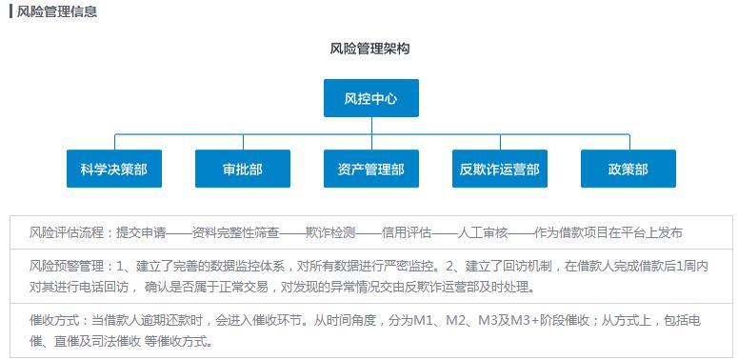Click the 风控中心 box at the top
pos(370,98)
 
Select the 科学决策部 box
pos(114,169)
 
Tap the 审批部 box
pos(242,169)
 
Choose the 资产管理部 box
pos(370,169)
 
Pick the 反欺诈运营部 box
pos(499,169)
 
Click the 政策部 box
pos(628,169)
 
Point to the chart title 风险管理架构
pos(370,48)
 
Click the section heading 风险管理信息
pos(57,11)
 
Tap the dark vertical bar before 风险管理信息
pos(10,11)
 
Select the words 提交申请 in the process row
pos(141,232)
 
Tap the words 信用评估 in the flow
pos(407,232)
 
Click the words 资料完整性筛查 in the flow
pos(235,232)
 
